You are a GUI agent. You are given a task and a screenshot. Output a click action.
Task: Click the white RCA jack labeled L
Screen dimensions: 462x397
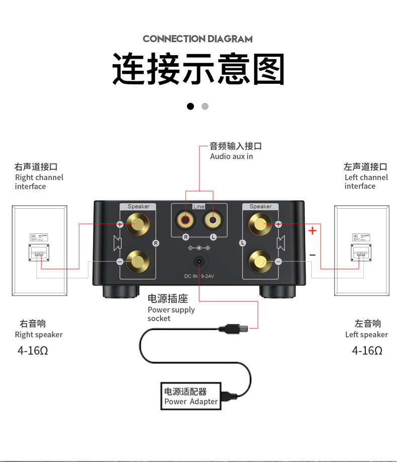213,219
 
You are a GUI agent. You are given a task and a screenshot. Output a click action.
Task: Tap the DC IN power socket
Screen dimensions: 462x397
200,262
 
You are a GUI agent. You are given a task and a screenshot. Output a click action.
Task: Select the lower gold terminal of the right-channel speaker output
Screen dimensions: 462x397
136,261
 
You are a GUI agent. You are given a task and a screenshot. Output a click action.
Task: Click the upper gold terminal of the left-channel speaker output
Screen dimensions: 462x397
260,224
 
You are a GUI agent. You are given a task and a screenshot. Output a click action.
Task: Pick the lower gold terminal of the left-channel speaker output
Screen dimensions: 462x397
260,261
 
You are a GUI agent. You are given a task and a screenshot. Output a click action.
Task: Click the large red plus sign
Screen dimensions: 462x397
313,231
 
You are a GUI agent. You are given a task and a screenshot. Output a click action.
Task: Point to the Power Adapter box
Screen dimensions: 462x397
191,396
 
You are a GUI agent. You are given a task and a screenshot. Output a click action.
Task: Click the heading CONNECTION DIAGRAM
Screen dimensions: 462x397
197,39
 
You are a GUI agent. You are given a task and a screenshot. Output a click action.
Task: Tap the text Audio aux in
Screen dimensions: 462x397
231,157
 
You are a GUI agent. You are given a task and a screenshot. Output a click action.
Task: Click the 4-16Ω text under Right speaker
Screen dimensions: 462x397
33,351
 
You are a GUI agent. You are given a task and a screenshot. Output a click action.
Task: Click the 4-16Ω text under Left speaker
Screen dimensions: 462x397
367,351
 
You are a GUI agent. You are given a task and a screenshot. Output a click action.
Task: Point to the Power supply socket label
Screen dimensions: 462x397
171,309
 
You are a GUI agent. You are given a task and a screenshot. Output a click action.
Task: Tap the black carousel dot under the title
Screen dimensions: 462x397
190,106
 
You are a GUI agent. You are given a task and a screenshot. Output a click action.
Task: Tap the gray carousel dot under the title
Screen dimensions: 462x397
205,106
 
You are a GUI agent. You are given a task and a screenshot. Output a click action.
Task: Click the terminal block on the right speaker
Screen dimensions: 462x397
38,252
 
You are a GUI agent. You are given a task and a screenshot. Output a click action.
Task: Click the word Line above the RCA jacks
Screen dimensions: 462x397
199,207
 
